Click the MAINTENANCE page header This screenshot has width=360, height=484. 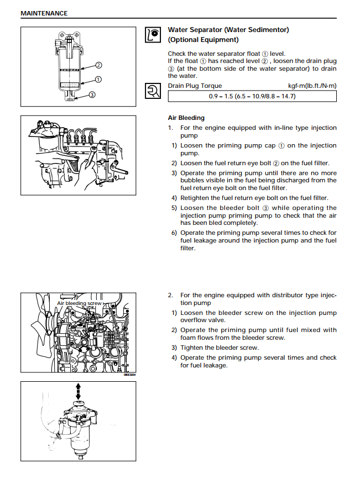point(44,13)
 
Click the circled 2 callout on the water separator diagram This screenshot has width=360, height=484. point(98,65)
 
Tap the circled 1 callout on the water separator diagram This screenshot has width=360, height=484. point(98,80)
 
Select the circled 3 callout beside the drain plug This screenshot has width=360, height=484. point(92,95)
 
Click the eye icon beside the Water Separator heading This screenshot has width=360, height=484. point(153,35)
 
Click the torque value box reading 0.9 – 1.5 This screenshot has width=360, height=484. point(252,96)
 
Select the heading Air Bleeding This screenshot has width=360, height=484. point(186,118)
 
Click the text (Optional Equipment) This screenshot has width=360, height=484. point(203,40)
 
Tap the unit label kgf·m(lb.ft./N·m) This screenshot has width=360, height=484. point(312,86)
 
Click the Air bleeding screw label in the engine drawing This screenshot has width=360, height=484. point(79,303)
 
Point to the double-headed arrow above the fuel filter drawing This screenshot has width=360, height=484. point(78,391)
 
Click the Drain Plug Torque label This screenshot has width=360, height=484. point(195,86)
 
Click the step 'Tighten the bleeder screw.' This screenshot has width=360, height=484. point(219,348)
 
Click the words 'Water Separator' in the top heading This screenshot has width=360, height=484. point(196,30)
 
